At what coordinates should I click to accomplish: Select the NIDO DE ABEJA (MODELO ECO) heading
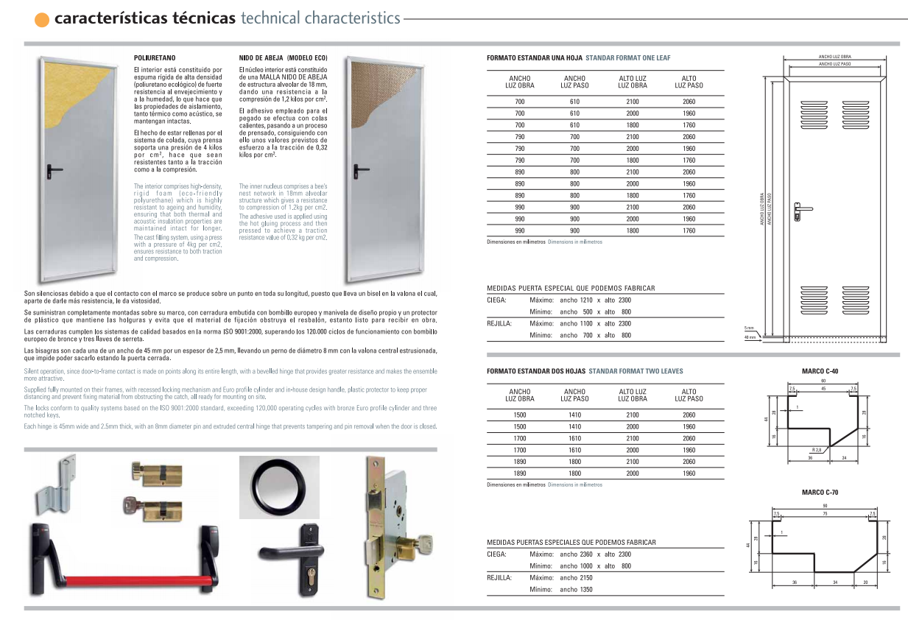point(284,57)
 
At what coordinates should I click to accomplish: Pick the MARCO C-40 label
point(820,371)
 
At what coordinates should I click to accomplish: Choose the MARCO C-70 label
point(820,492)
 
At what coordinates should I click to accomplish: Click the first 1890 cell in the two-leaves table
point(519,462)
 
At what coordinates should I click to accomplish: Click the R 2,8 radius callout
point(817,449)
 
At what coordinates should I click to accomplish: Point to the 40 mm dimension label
point(750,337)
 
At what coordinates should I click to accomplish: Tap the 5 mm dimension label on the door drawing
point(749,328)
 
